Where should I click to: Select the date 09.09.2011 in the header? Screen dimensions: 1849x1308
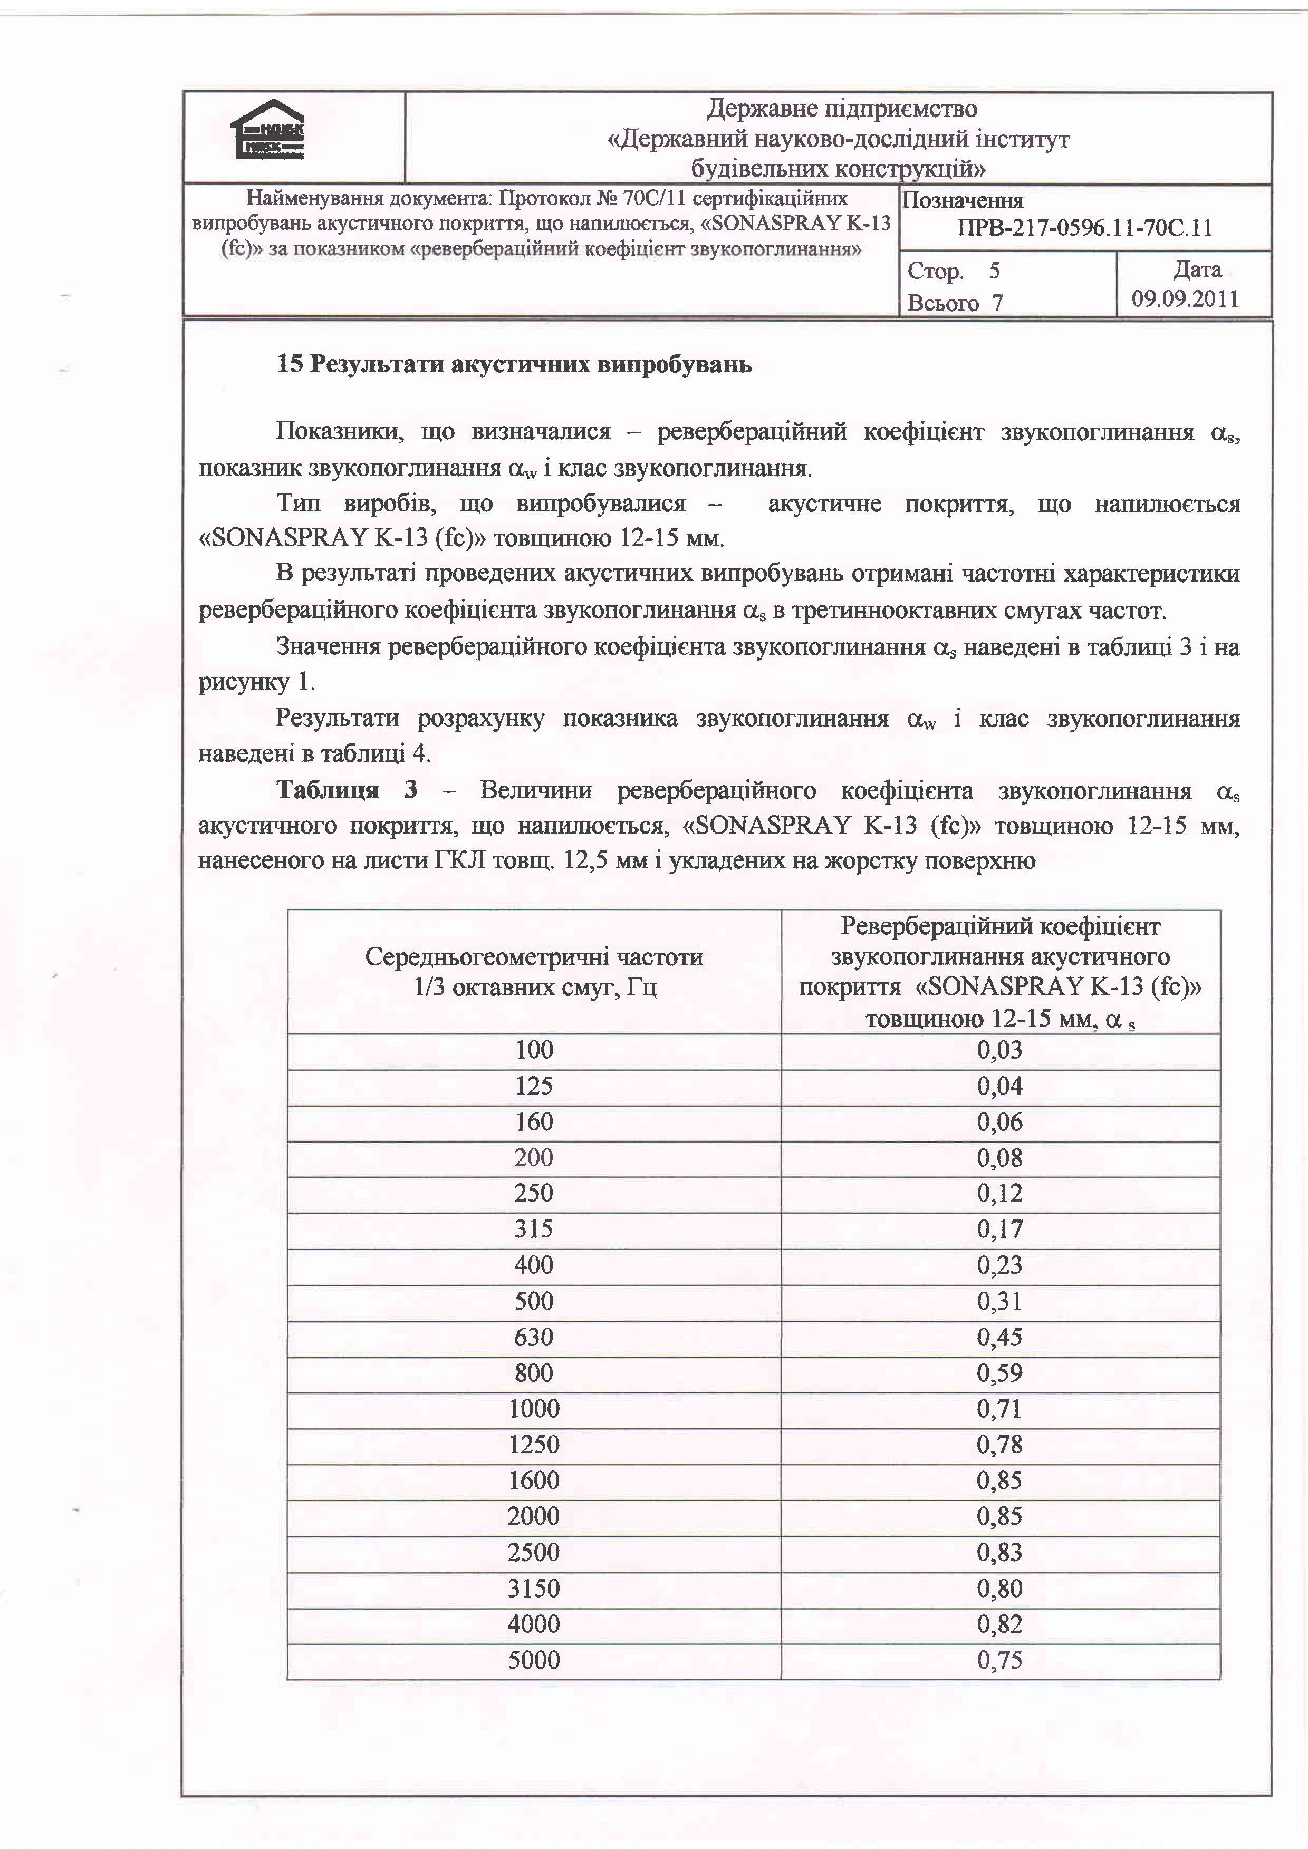1185,299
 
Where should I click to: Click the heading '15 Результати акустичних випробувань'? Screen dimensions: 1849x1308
515,365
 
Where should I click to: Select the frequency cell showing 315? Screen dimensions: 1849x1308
534,1229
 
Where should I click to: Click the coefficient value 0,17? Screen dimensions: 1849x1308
999,1229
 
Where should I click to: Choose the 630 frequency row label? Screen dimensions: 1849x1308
534,1337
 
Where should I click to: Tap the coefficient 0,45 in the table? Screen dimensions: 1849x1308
999,1337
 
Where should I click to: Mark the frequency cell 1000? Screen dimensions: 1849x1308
534,1408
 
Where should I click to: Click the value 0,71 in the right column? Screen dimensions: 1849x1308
999,1408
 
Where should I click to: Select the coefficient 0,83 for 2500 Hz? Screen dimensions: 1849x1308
999,1552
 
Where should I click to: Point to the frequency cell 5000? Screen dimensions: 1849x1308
534,1660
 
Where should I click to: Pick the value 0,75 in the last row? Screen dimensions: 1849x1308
999,1660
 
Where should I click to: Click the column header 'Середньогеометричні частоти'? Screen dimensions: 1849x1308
534,957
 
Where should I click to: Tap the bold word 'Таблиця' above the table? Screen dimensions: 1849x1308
327,790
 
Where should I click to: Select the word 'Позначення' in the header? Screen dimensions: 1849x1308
963,200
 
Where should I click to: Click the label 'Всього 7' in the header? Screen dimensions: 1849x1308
955,303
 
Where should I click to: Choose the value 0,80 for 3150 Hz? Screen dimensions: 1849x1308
999,1588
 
